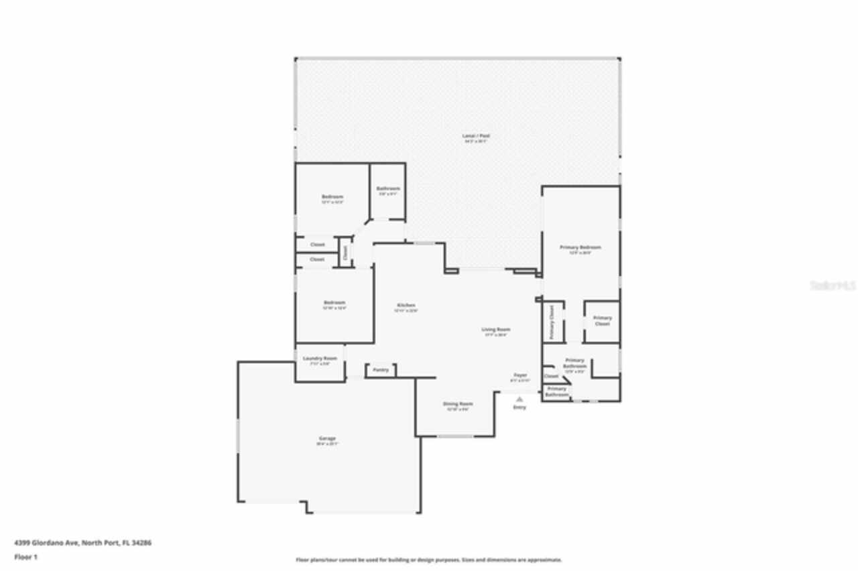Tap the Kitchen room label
point(406,305)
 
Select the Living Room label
point(496,329)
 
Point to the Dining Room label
point(458,404)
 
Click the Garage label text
point(327,438)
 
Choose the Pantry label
point(381,370)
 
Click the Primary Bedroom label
point(580,247)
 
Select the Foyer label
point(520,375)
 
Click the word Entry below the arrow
point(519,407)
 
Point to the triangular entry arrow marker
point(519,399)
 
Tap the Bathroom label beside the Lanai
point(388,189)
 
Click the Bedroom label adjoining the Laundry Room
point(334,303)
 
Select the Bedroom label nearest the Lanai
point(332,197)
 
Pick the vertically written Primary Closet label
point(552,322)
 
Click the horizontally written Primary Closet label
point(602,320)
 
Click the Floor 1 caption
point(26,557)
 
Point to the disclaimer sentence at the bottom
point(429,560)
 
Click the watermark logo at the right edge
point(833,285)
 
